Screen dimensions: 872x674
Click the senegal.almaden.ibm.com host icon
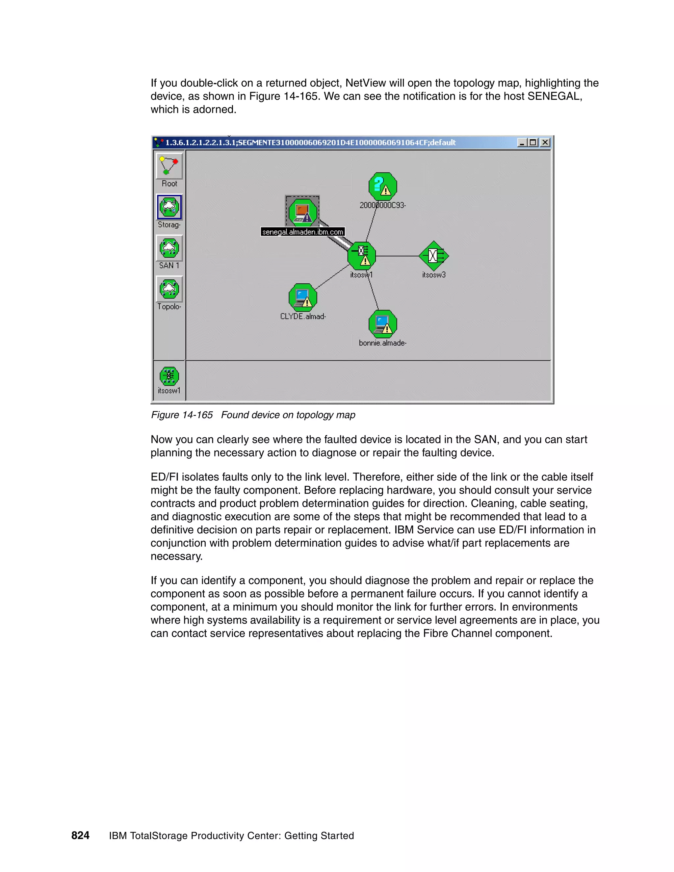coord(303,212)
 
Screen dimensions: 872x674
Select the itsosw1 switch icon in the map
coord(362,256)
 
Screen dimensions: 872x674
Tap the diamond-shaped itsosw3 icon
coord(434,256)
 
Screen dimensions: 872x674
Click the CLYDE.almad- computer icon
coord(303,297)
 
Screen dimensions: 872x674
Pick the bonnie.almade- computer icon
coord(382,324)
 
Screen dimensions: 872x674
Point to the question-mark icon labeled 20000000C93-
coord(382,186)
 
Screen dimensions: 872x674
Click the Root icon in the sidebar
coord(169,166)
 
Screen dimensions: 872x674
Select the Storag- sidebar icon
coord(169,207)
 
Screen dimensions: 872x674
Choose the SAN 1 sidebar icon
coord(169,248)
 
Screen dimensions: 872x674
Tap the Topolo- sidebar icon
coord(169,289)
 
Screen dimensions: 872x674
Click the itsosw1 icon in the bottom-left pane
coord(169,376)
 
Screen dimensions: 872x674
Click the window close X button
coord(545,142)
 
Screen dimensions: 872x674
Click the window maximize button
coord(533,142)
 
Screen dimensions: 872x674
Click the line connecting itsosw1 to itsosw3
coord(397,256)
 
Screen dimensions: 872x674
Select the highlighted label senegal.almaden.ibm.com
coord(303,232)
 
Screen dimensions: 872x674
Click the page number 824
coord(80,835)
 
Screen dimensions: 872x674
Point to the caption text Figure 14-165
coord(182,415)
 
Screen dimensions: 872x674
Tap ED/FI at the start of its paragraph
coord(164,477)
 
